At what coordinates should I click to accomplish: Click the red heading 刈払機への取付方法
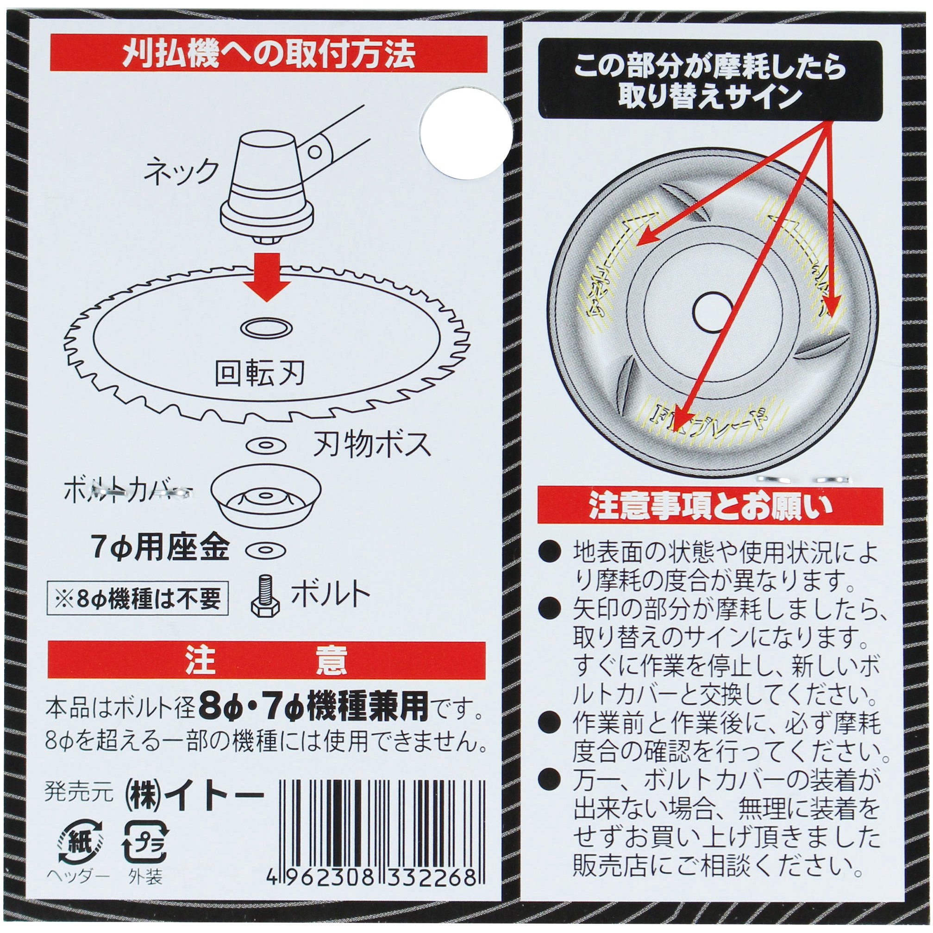tap(269, 54)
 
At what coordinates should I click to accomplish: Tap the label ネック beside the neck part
tap(181, 172)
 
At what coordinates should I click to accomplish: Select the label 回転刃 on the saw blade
tap(259, 373)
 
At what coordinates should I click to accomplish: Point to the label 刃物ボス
tap(372, 445)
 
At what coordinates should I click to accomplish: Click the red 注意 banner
tap(267, 661)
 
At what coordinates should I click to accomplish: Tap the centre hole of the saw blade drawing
tap(266, 329)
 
